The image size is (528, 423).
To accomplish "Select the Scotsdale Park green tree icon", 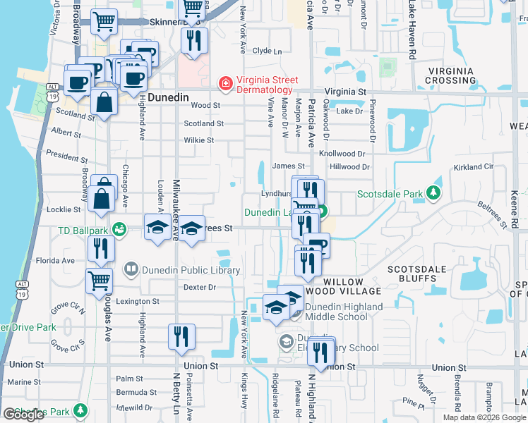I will click(436, 193).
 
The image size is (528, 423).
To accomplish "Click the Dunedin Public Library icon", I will click(131, 269).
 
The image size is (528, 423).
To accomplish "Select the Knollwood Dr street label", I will click(342, 153).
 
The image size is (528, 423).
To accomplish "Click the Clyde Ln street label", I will click(267, 51).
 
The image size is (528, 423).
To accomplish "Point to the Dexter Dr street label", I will click(199, 287).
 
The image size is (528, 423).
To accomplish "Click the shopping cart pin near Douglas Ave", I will click(99, 281).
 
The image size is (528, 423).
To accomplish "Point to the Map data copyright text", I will click(484, 417).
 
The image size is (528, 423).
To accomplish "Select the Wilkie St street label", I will click(199, 140).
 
